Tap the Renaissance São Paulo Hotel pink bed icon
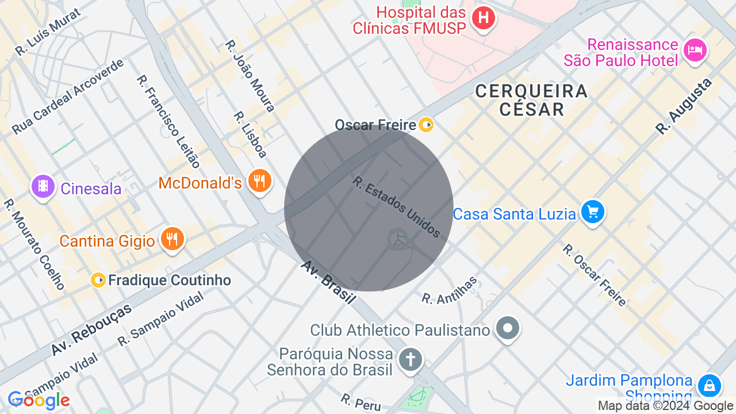pyautogui.click(x=695, y=50)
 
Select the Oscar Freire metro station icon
pyautogui.click(x=426, y=124)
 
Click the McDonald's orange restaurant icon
pyautogui.click(x=260, y=181)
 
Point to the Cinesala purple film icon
pyautogui.click(x=43, y=186)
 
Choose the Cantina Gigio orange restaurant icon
pyautogui.click(x=172, y=239)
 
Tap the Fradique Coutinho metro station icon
pyautogui.click(x=98, y=280)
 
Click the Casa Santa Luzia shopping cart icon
pyautogui.click(x=592, y=212)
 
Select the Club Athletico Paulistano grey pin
pyautogui.click(x=507, y=328)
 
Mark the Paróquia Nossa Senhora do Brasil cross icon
pyautogui.click(x=410, y=360)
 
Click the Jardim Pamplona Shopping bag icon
pyautogui.click(x=709, y=385)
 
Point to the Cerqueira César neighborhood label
pyautogui.click(x=531, y=99)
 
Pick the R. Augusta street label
pyautogui.click(x=684, y=106)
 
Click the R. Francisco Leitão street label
pyautogui.click(x=168, y=121)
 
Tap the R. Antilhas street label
pyautogui.click(x=450, y=290)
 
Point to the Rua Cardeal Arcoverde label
pyautogui.click(x=68, y=96)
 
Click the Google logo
pyautogui.click(x=39, y=400)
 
